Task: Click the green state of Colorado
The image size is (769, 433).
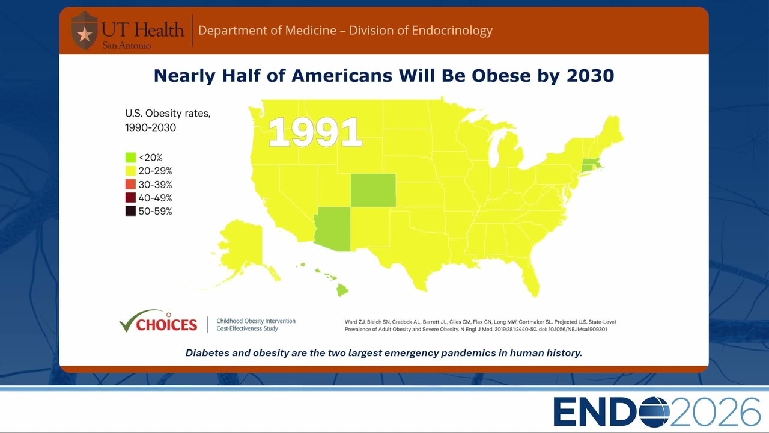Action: click(373, 190)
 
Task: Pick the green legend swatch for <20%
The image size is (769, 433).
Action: click(130, 158)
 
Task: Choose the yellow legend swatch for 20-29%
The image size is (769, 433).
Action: click(130, 171)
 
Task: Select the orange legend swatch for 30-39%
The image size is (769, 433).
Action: click(130, 184)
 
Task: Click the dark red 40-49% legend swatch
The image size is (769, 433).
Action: click(130, 198)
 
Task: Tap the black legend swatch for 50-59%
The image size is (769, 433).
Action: click(130, 211)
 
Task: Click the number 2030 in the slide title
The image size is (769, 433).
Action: click(590, 76)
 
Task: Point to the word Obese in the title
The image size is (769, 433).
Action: click(501, 76)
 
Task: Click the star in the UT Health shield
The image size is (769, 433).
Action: click(85, 34)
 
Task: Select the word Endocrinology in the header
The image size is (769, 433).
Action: click(452, 31)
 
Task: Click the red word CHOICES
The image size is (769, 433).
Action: click(167, 324)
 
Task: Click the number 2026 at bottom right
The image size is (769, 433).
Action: click(716, 412)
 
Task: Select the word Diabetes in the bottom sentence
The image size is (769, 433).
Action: click(207, 353)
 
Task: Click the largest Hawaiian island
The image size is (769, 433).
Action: click(342, 290)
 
